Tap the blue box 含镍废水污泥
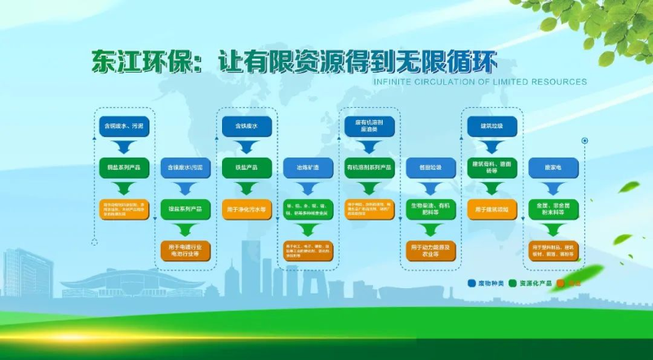pyautogui.click(x=185, y=167)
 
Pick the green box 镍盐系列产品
pyautogui.click(x=185, y=209)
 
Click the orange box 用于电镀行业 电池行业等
pyautogui.click(x=185, y=250)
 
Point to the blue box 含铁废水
pyautogui.click(x=247, y=127)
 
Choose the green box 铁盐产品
pyautogui.click(x=247, y=167)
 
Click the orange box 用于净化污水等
pyautogui.click(x=247, y=209)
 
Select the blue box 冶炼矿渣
pyautogui.click(x=308, y=167)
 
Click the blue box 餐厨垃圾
pyautogui.click(x=431, y=167)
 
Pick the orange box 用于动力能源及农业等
pyautogui.click(x=431, y=250)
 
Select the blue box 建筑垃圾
pyautogui.click(x=492, y=127)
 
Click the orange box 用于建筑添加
pyautogui.click(x=492, y=209)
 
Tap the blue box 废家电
pyautogui.click(x=553, y=167)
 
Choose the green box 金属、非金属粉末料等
pyautogui.click(x=553, y=209)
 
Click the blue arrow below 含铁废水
pyautogui.click(x=247, y=147)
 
